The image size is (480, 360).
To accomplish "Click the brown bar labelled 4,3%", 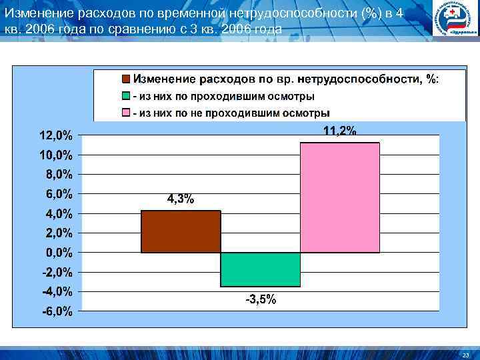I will (x=181, y=231).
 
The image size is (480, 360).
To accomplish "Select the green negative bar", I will (x=260, y=269).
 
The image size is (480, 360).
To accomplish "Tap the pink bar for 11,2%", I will (x=339, y=197).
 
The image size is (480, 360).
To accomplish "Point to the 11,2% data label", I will (x=339, y=131).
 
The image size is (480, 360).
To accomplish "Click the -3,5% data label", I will (x=261, y=299).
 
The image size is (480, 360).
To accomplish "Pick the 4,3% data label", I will (x=180, y=199).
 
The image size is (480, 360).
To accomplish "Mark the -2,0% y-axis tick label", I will (x=57, y=272).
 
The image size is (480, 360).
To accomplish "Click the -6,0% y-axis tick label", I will (x=57, y=311).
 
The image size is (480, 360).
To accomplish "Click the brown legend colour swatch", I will (x=126, y=79).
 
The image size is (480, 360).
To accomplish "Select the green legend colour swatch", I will (x=126, y=97).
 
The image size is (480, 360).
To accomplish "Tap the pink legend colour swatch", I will (x=126, y=113).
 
